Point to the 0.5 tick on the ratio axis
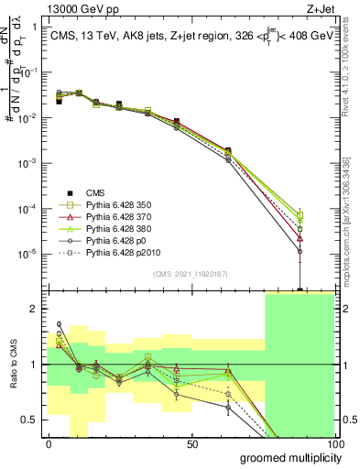point(29,420)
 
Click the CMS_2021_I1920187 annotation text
point(191,274)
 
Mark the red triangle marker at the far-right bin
point(300,237)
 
